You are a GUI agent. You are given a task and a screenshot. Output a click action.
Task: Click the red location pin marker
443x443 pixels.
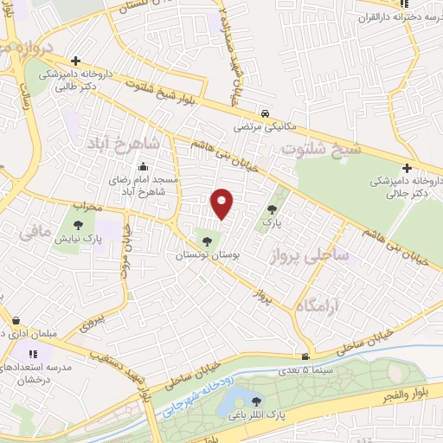[x=223, y=202]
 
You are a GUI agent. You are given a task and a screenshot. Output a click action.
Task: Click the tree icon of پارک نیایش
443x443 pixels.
[x=90, y=227]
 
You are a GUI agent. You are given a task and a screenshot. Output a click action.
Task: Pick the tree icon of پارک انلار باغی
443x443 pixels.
[x=256, y=400]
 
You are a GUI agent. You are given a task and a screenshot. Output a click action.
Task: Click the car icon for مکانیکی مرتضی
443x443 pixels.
[x=265, y=112]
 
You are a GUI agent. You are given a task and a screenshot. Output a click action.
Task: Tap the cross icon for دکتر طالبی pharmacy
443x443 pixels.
[x=76, y=61]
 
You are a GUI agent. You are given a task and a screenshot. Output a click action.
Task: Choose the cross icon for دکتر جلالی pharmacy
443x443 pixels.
[x=404, y=169]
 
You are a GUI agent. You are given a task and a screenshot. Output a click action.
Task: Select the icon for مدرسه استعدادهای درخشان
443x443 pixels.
[x=34, y=354]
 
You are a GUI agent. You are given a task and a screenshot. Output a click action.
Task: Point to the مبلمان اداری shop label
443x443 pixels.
[x=23, y=334]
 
